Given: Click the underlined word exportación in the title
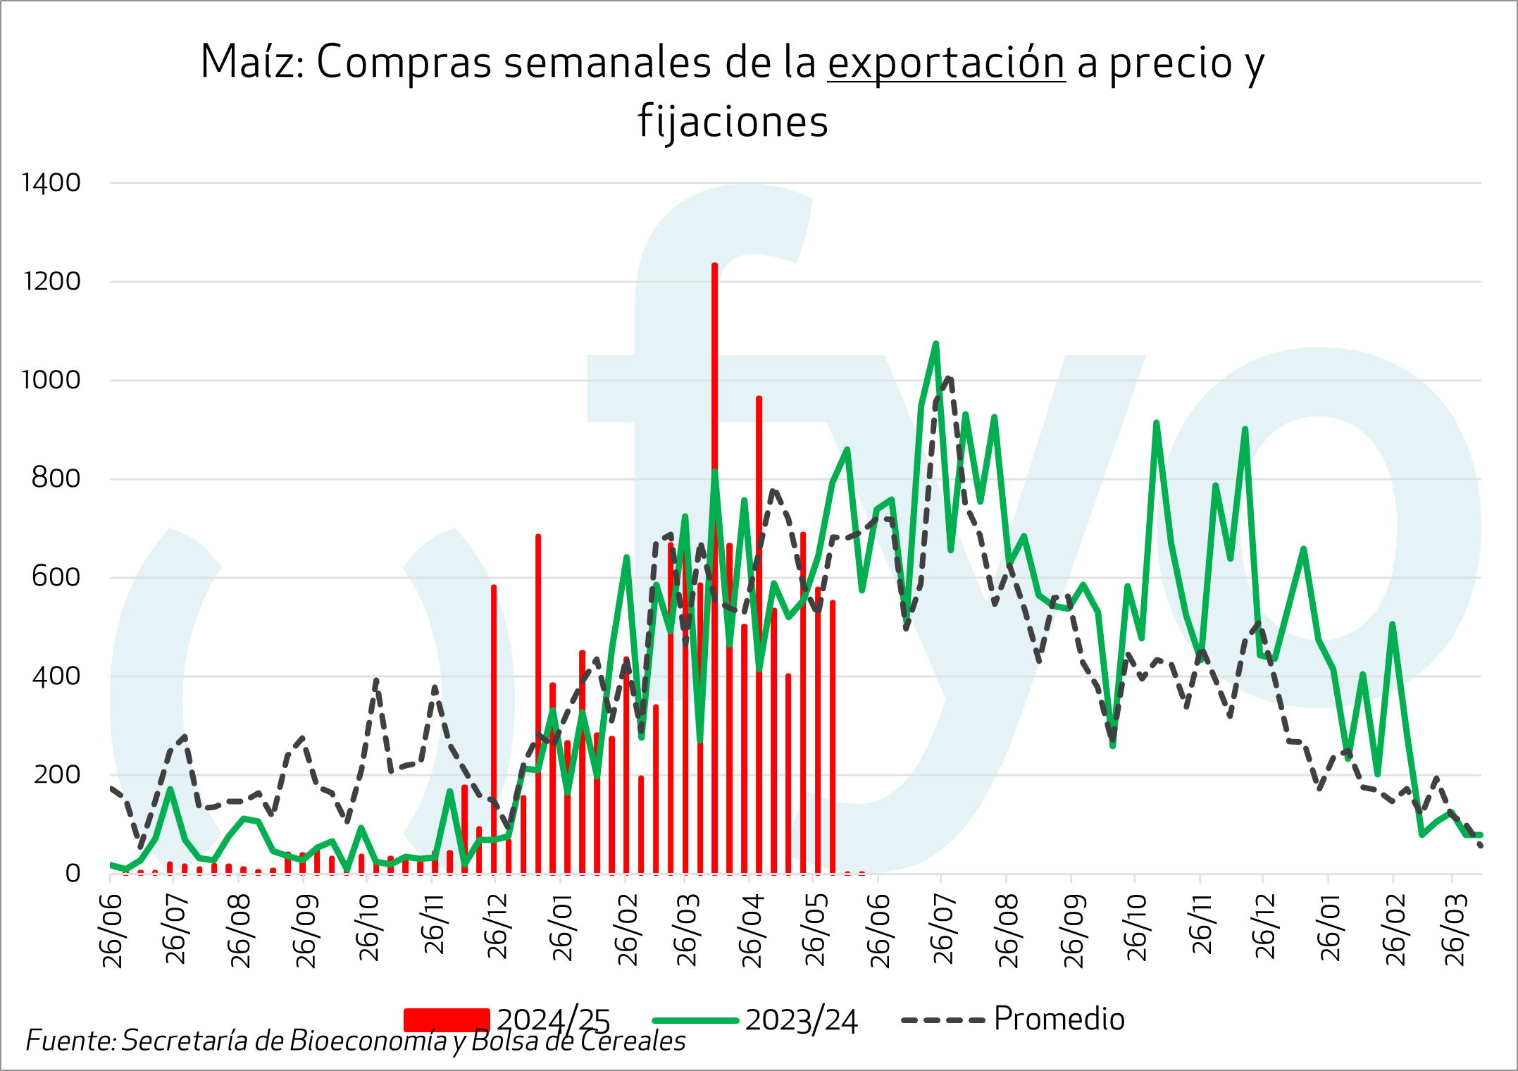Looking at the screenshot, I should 945,63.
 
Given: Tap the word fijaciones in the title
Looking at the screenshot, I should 733,122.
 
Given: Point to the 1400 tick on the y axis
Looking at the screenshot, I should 51,183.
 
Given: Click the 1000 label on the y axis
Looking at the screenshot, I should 51,380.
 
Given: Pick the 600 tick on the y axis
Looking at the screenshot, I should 56,578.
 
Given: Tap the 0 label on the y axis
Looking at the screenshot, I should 73,874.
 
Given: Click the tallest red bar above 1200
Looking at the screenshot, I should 714,564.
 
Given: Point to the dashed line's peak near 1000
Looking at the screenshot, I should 950,378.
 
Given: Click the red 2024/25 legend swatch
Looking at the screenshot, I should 447,1020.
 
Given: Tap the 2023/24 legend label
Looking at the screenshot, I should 801,1021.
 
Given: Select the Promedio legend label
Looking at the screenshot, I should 1059,1020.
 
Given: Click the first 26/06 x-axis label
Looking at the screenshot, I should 113,930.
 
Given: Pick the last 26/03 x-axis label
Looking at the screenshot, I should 1454,930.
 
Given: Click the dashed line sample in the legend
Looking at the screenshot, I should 942,1020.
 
